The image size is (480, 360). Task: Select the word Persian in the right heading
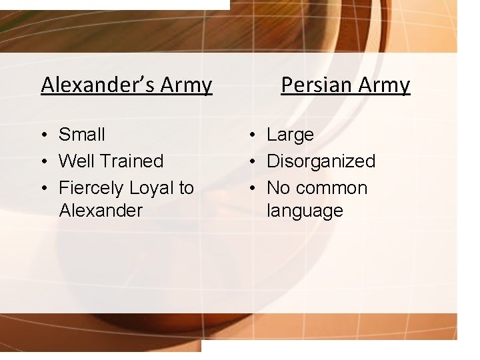[316, 85]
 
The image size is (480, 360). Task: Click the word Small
[82, 135]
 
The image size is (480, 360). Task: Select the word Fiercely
[91, 188]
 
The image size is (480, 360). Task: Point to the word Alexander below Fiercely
[101, 211]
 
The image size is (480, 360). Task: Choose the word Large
[290, 135]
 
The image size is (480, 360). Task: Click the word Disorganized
[321, 161]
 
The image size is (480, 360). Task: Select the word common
[332, 188]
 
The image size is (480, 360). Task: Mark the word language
[305, 211]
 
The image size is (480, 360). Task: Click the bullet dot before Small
[43, 135]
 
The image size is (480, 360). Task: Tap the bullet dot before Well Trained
[43, 162]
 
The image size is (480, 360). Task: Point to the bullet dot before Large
[251, 135]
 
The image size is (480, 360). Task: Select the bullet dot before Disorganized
[251, 162]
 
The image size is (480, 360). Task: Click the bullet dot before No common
[251, 189]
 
